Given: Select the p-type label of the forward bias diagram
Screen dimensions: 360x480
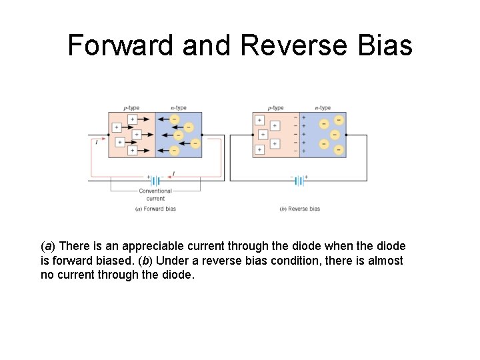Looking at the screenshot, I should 131,107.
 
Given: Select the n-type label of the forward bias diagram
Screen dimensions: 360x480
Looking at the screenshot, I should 178,107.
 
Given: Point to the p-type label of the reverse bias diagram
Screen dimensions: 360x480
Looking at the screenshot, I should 275,107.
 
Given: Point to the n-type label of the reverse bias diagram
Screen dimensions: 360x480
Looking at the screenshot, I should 323,107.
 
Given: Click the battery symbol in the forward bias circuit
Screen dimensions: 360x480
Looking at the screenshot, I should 155,181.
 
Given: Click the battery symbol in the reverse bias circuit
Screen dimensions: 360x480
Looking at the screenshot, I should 299,181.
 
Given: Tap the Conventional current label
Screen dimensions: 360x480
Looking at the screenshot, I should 155,194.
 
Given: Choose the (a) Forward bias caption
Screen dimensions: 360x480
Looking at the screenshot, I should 155,209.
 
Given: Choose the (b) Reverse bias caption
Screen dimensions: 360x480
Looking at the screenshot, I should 299,209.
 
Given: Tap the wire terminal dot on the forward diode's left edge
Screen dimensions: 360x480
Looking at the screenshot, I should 109,135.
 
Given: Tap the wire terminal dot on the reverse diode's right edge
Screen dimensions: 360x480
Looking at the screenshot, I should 346,135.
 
